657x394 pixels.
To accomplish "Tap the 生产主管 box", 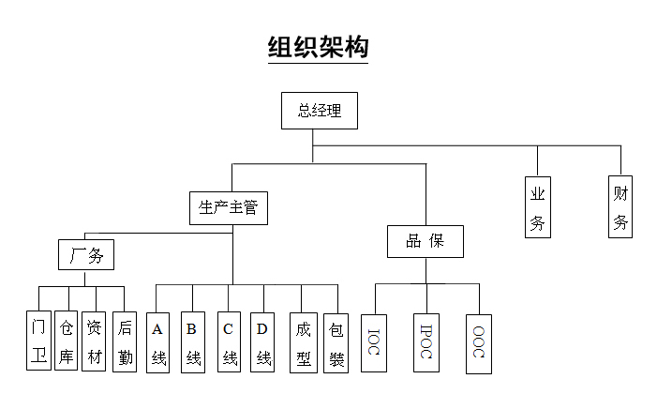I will tap(229, 207).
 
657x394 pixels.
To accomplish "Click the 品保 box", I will tap(425, 241).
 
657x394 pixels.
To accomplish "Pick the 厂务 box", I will tap(86, 255).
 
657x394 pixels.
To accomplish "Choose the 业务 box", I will tap(538, 208).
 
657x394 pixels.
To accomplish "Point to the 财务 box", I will tap(620, 208).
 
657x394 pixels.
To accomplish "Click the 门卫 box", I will tap(38, 341).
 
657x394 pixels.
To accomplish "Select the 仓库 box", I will tap(66, 341).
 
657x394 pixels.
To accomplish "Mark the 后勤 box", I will tap(125, 341).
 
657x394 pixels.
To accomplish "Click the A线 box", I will tap(158, 341).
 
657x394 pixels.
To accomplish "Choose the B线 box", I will tap(192, 341).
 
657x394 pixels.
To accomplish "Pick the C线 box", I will tap(229, 341).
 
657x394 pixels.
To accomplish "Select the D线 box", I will tap(263, 341).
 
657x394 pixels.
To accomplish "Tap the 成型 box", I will tap(303, 341).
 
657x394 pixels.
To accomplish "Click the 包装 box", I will tap(336, 341).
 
